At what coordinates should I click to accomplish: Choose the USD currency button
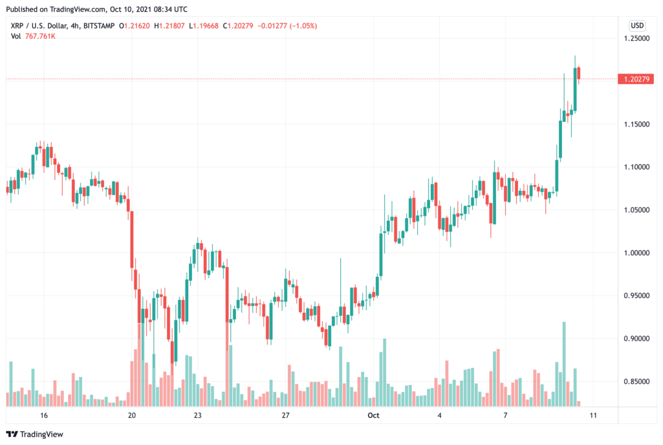coord(637,25)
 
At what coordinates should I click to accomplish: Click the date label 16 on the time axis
coord(43,415)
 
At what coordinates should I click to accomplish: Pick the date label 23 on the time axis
coord(197,415)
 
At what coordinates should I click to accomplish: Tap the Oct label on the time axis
coord(373,415)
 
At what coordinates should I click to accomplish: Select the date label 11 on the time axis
coord(592,415)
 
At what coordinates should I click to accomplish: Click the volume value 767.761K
coord(41,36)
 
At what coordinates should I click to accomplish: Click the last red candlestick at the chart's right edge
coord(579,74)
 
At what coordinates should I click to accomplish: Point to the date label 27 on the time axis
coord(285,415)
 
